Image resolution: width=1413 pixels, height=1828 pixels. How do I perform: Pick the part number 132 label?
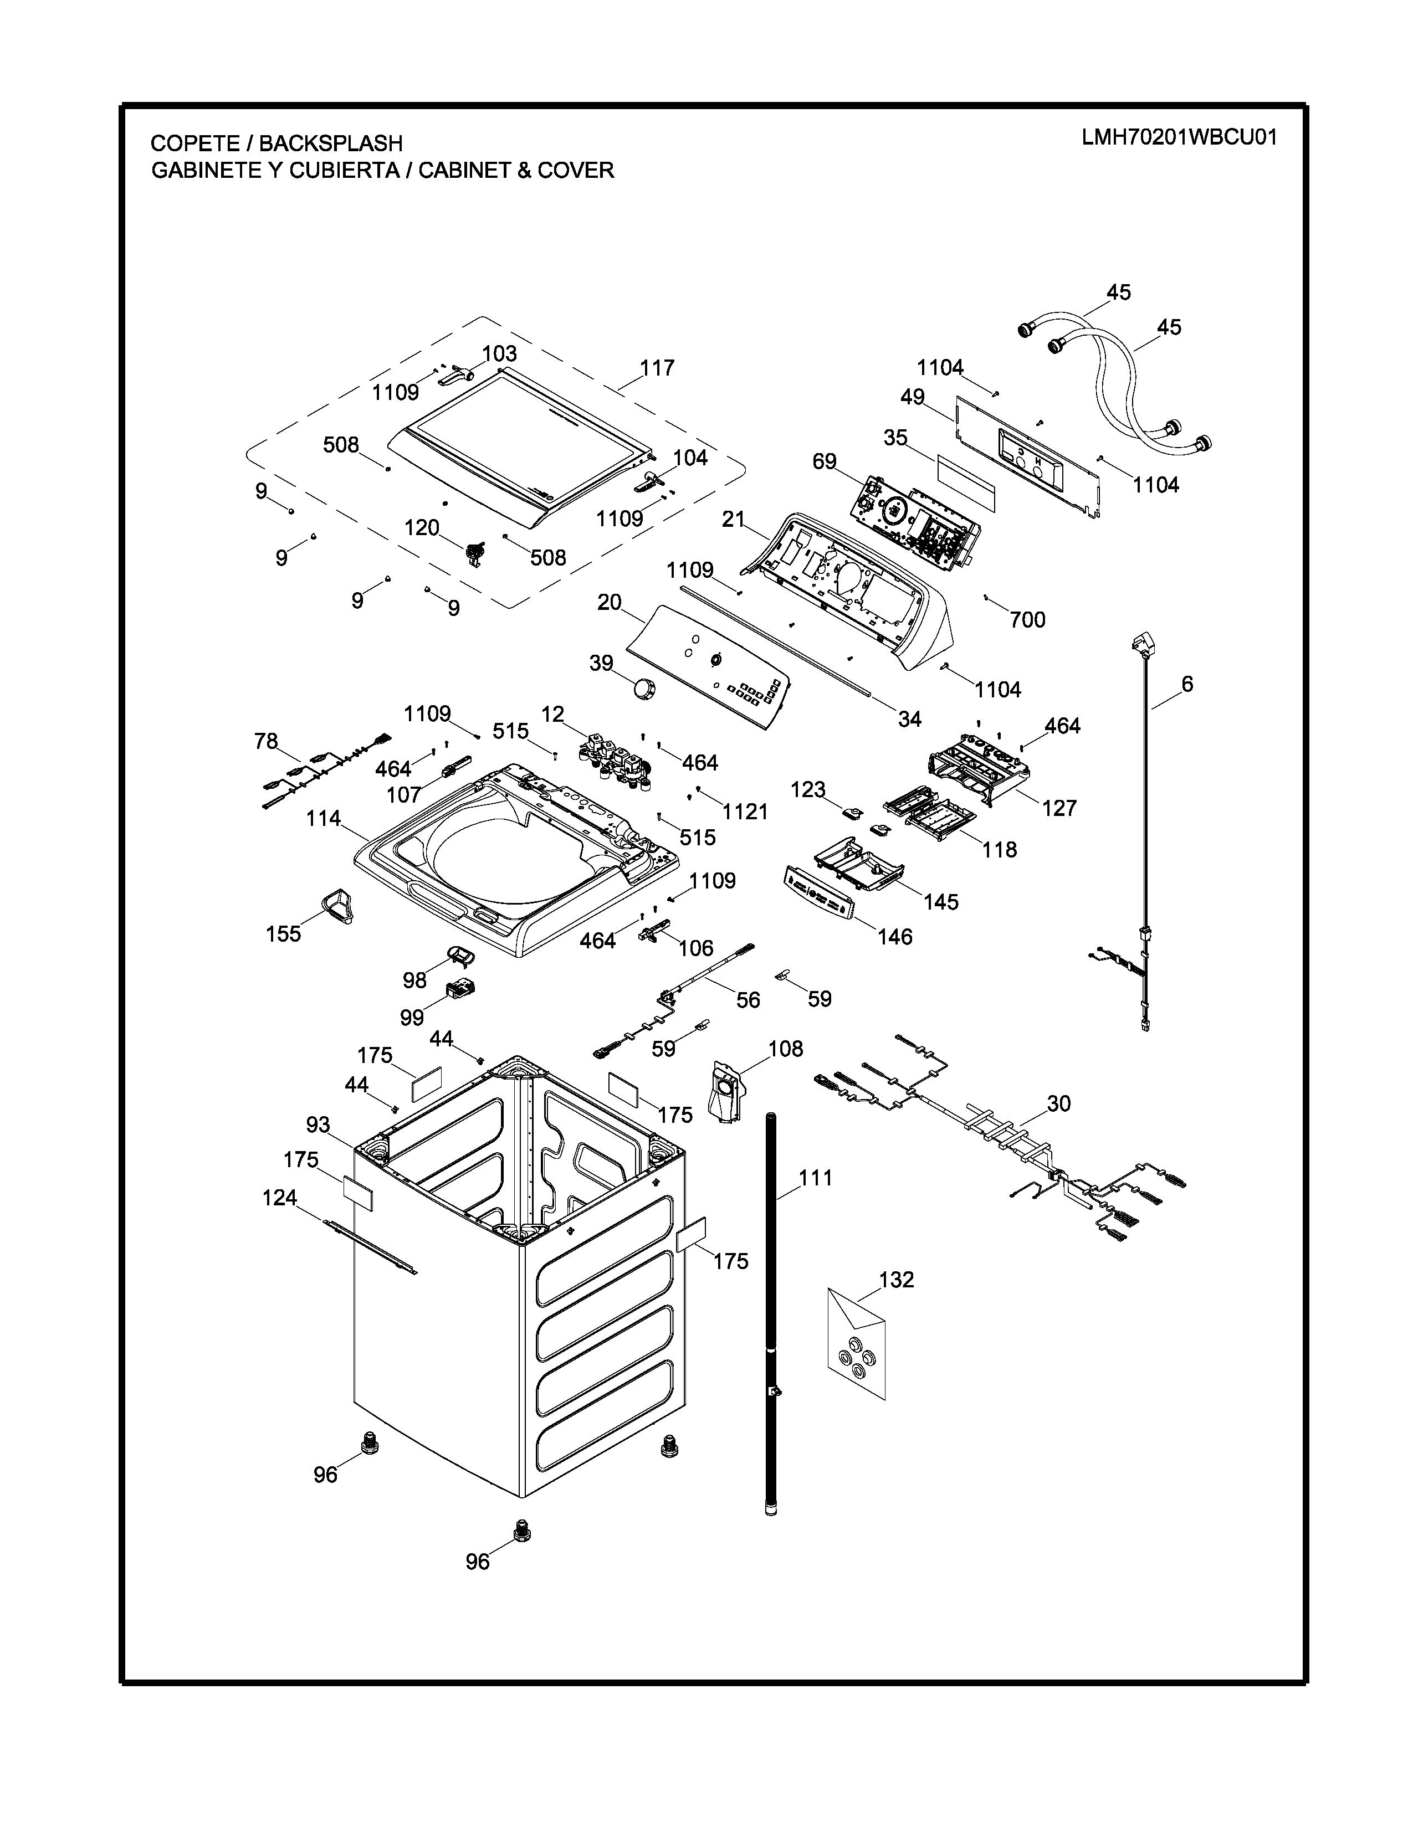click(897, 1279)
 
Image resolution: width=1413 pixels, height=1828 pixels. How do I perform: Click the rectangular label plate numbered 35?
click(967, 483)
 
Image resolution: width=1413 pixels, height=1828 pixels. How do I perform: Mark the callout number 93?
click(318, 1125)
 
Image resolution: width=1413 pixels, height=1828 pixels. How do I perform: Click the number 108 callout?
click(785, 1049)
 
